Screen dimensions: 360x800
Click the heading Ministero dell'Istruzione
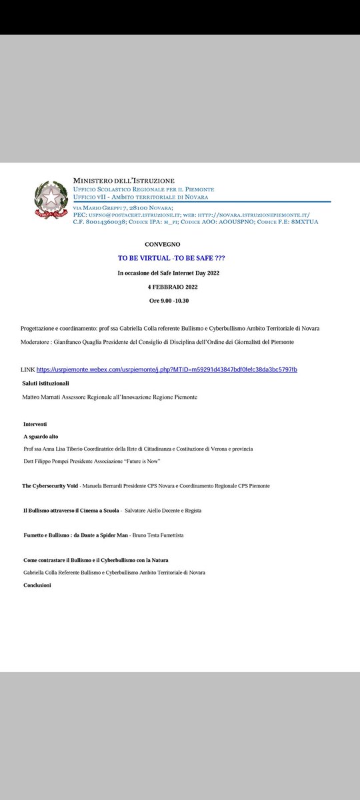pyautogui.click(x=125, y=181)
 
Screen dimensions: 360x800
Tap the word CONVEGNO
pyautogui.click(x=162, y=245)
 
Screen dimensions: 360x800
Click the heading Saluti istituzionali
pyautogui.click(x=46, y=383)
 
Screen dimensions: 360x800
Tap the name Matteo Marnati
pyautogui.click(x=44, y=397)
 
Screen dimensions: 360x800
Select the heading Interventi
pyautogui.click(x=35, y=424)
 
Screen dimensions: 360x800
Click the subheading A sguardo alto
pyautogui.click(x=42, y=436)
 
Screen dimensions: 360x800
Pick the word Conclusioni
pyautogui.click(x=37, y=585)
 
